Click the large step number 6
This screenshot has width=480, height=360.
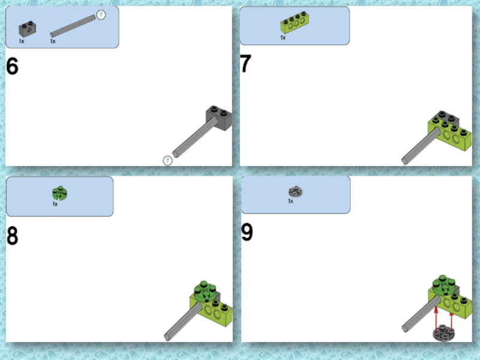[12, 67]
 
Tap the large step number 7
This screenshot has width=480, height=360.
[245, 64]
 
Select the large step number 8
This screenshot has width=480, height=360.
[12, 236]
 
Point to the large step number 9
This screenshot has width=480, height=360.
[247, 232]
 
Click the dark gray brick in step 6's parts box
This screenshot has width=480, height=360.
[27, 29]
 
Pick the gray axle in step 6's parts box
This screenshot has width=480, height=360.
[73, 26]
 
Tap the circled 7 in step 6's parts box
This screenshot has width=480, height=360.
[101, 14]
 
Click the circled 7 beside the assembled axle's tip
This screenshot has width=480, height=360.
[167, 161]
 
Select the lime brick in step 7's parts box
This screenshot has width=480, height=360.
[295, 23]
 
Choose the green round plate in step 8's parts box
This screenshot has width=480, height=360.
[59, 193]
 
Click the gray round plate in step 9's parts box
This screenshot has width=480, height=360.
[295, 191]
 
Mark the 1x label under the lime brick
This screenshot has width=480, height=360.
[283, 37]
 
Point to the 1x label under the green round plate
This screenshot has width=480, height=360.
[55, 204]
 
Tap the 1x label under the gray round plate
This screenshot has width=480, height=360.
[290, 201]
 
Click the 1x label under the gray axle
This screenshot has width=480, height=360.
[53, 41]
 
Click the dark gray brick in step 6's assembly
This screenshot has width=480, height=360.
[219, 118]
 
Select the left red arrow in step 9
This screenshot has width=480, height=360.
[436, 319]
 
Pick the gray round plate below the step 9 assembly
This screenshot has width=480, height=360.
[443, 333]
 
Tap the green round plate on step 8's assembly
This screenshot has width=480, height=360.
[206, 291]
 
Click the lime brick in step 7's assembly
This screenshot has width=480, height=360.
[450, 134]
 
